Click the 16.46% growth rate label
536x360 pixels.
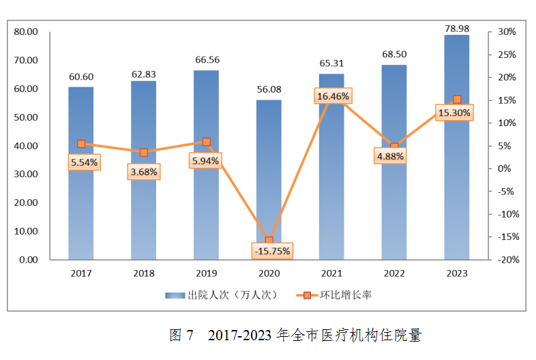point(333,97)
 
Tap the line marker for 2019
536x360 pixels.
point(206,142)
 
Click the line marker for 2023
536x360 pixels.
point(457,100)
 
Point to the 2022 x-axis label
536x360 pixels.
point(394,273)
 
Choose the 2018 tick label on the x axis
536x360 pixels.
point(143,273)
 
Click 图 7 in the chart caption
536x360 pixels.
point(181,335)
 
